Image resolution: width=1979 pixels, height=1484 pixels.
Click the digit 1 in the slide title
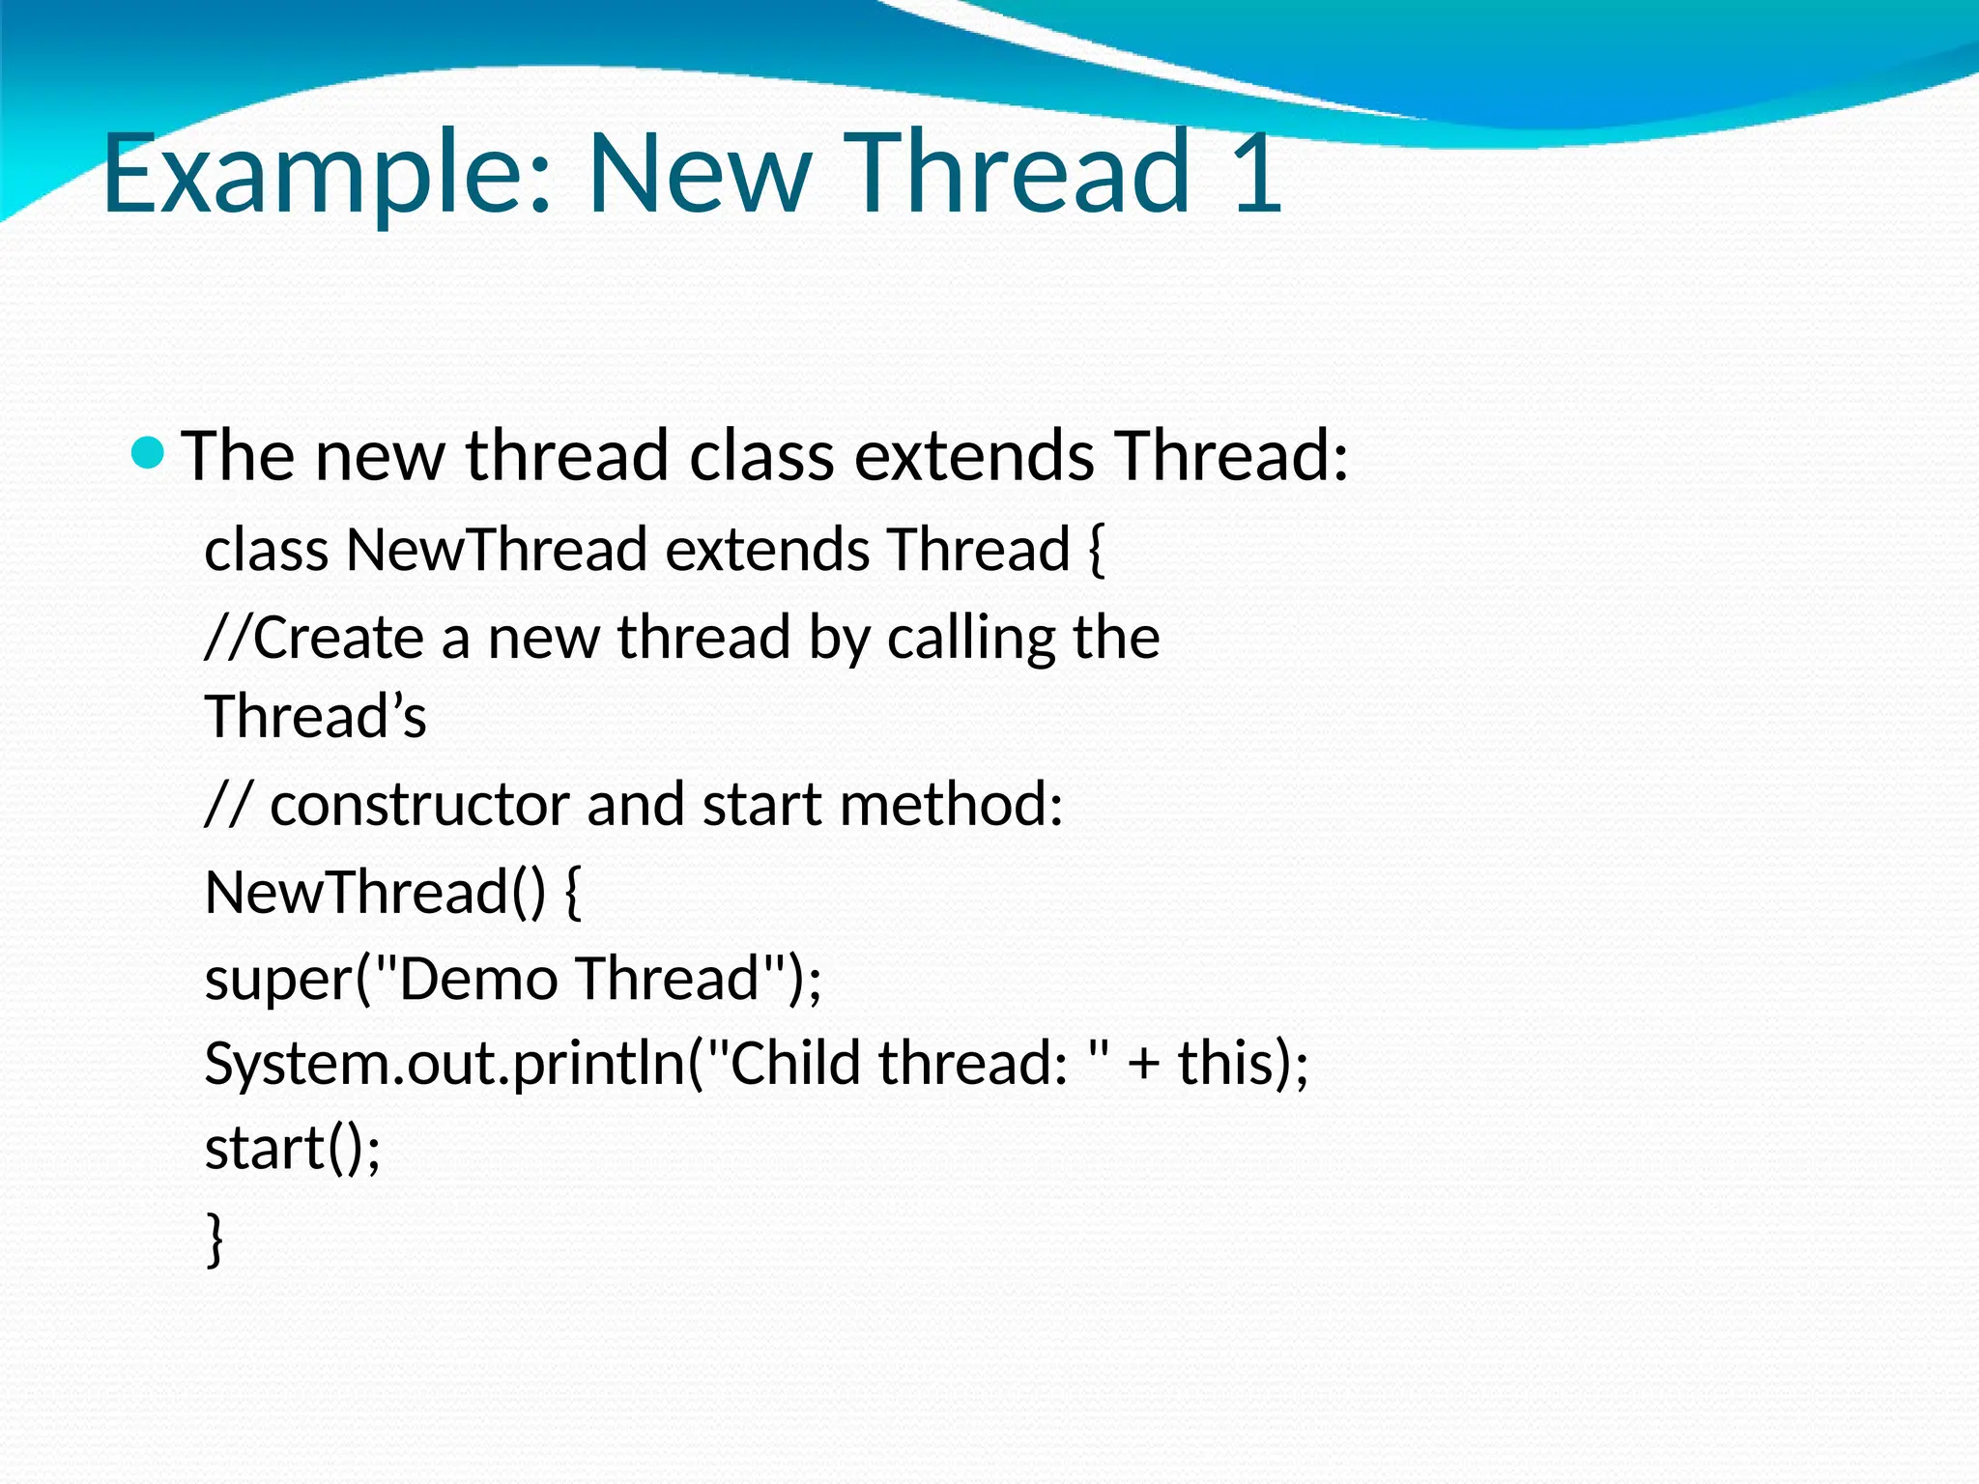click(1257, 174)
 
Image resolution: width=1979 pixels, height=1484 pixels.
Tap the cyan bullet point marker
click(148, 452)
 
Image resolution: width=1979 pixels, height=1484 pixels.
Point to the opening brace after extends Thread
click(1095, 550)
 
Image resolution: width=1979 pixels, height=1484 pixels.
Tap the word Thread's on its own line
click(315, 717)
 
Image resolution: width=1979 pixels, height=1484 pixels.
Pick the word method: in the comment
click(951, 804)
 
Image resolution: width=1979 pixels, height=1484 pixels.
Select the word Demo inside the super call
click(477, 978)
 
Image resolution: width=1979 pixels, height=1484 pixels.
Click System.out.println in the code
click(445, 1063)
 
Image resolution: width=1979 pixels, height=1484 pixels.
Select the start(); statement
click(293, 1149)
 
